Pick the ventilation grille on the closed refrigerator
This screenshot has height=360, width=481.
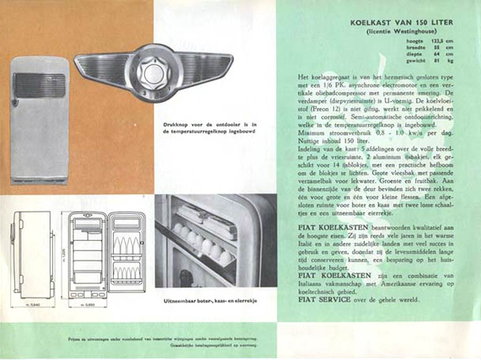[x=40, y=85]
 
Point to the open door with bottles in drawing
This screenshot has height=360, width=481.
[x=127, y=253]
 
